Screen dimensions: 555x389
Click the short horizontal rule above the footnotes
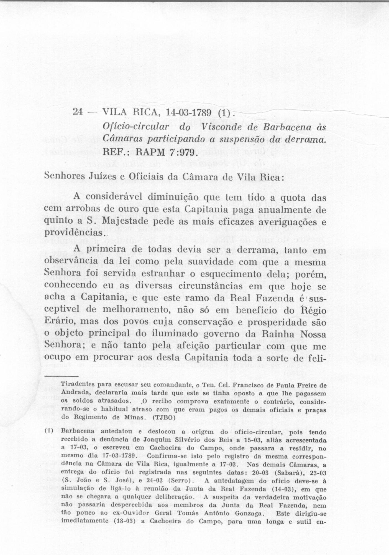[61, 376]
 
